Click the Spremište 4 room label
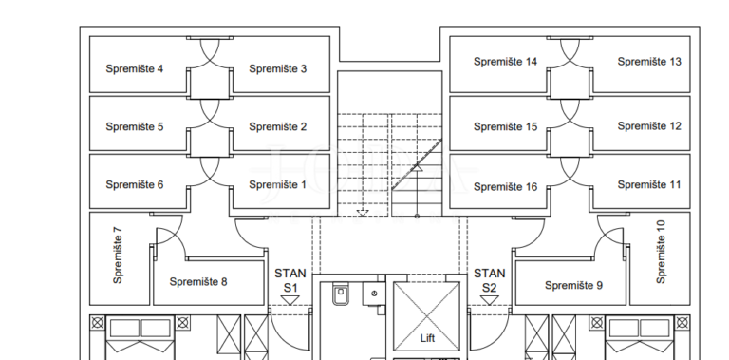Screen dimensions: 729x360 coord(135,68)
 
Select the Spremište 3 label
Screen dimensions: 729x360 coord(277,68)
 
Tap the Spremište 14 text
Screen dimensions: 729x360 coord(505,62)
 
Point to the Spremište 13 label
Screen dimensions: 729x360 coord(649,62)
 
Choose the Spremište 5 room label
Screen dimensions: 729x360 coord(135,127)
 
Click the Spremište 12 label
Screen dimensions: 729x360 coord(649,126)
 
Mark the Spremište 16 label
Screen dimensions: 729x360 coord(505,187)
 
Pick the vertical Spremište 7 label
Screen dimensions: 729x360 coord(118,256)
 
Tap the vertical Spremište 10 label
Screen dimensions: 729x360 coord(661,252)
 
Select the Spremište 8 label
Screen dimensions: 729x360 coord(198,282)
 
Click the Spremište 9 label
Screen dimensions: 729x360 coord(573,286)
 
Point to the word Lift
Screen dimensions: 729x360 coord(427,338)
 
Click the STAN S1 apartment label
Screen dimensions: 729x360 coord(290,280)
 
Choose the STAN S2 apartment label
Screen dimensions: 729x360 coord(489,280)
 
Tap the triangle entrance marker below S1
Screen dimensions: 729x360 coord(290,300)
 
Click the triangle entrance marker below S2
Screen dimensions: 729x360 coord(489,300)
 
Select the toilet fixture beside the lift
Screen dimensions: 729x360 coord(341,294)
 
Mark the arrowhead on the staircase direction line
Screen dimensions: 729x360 coord(417,167)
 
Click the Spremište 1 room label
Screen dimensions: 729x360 coord(277,185)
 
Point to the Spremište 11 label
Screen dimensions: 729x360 coord(649,185)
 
